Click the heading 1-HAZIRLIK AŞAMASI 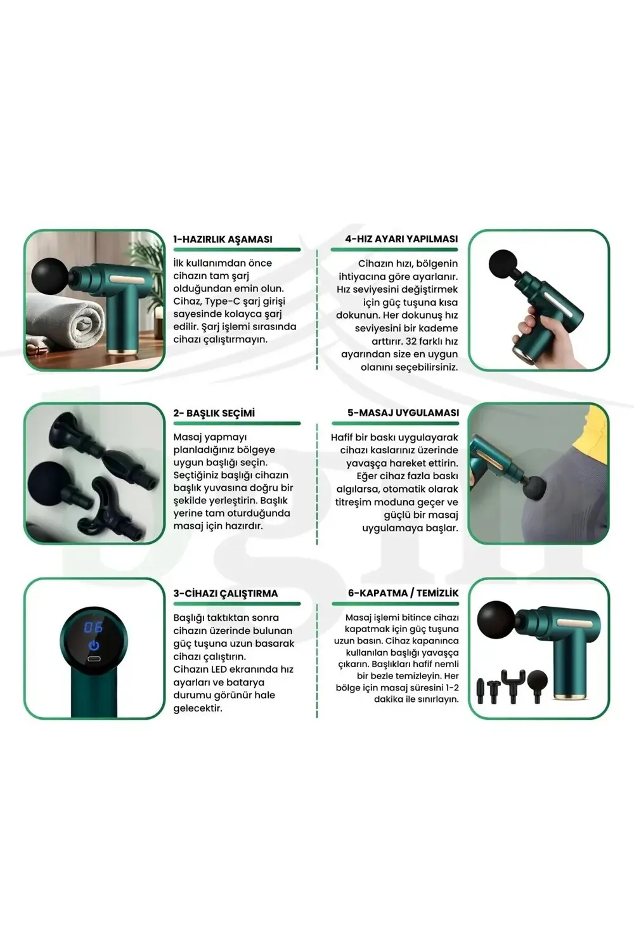coord(223,239)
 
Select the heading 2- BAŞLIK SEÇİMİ coord(214,413)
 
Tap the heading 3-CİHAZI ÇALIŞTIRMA coord(226,593)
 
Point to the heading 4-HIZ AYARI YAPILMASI coord(401,239)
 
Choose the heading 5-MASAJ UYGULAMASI coord(403,413)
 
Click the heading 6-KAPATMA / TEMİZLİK coord(403,593)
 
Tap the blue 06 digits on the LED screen coord(93,627)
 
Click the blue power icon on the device coord(94,645)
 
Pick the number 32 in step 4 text coord(412,341)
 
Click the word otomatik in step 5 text coord(408,489)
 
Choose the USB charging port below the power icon coord(94,659)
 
